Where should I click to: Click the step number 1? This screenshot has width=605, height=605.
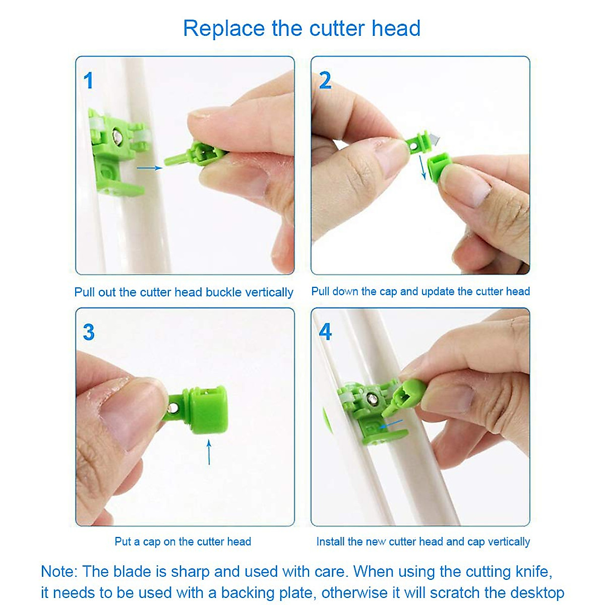pos(89,81)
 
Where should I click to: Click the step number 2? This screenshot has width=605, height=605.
pos(325,81)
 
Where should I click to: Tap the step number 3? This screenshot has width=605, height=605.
pos(89,332)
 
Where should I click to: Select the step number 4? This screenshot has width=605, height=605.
pos(325,332)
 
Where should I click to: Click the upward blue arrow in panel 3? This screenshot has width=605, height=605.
pos(209,451)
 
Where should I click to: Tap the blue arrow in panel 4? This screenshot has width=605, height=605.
pos(393,423)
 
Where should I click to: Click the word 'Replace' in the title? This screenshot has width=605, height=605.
pos(223,28)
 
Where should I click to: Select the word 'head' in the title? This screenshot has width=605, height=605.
pos(396,28)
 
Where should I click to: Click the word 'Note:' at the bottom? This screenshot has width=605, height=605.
pos(59,572)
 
